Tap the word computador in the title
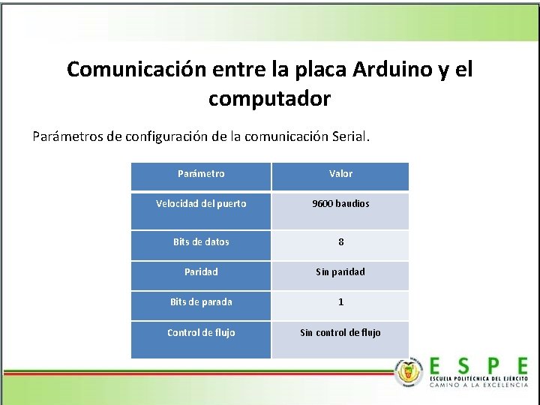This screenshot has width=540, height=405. tap(269, 98)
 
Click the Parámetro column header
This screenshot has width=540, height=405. tap(201, 174)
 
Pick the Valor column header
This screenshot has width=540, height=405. tap(340, 174)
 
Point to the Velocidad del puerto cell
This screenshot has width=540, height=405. tap(201, 203)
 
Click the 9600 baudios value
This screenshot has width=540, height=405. tap(340, 204)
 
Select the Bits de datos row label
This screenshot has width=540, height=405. tap(201, 241)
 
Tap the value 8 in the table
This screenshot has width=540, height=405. tap(340, 242)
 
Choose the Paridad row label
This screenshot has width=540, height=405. tap(201, 271)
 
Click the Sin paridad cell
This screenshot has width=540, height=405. tap(340, 272)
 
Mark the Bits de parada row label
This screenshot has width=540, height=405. tap(201, 301)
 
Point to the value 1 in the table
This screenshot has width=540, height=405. tap(340, 302)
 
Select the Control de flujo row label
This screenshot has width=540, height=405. tap(201, 332)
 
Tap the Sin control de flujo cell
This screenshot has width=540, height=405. tap(340, 332)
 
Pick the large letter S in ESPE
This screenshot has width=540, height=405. tap(464, 365)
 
